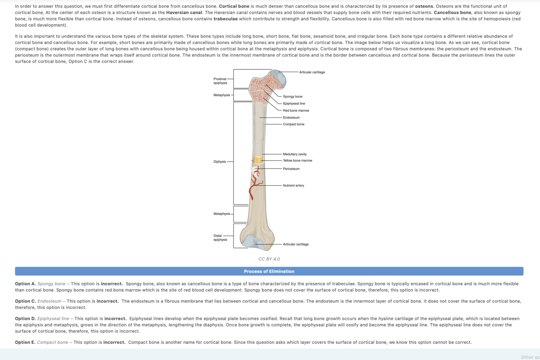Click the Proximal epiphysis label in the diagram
click(220, 80)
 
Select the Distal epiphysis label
click(220, 237)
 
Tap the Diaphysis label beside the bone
click(220, 162)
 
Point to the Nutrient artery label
click(293, 185)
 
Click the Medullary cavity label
click(295, 154)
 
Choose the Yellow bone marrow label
click(298, 161)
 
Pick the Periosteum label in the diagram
click(291, 169)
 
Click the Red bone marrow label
click(296, 110)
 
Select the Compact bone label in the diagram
click(293, 124)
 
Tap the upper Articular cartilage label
click(312, 72)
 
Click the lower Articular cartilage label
click(296, 244)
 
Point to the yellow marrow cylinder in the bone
click(258, 160)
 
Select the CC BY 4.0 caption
click(269, 259)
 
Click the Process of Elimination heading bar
click(269, 271)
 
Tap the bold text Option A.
click(25, 284)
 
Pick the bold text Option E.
click(25, 342)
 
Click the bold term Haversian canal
click(184, 12)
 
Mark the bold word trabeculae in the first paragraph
click(225, 19)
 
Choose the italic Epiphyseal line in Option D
click(53, 319)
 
